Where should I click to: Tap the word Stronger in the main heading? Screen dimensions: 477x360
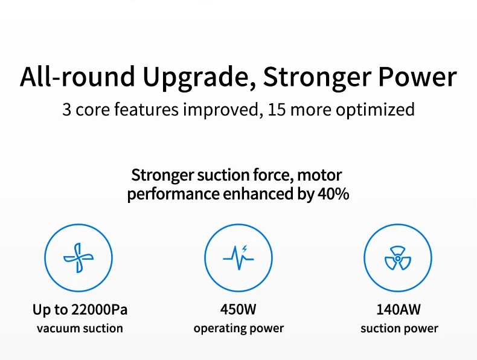[x=317, y=77]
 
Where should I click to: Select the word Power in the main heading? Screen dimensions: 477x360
[x=417, y=76]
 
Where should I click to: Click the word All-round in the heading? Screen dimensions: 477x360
[x=77, y=76]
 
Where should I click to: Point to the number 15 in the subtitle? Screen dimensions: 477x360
[x=277, y=110]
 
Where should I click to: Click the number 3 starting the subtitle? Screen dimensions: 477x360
[x=66, y=110]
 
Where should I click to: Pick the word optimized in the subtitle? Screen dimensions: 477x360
[x=375, y=110]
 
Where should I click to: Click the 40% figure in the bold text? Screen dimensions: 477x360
[x=333, y=194]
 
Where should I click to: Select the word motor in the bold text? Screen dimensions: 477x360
[x=319, y=175]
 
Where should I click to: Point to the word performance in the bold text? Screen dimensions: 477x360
[x=173, y=194]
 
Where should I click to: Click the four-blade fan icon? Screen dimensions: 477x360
[x=78, y=258]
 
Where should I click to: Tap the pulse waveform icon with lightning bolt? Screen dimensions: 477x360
[x=238, y=258]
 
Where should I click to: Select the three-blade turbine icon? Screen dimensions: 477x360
[x=398, y=258]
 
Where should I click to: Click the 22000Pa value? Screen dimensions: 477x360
[x=99, y=310]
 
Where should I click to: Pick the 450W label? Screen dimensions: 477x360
[x=238, y=310]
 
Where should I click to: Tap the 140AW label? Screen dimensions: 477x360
[x=399, y=310]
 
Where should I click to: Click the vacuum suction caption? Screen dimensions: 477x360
[x=80, y=329]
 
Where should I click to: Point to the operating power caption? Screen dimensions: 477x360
[x=238, y=329]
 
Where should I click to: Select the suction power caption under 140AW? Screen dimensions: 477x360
[x=399, y=329]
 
